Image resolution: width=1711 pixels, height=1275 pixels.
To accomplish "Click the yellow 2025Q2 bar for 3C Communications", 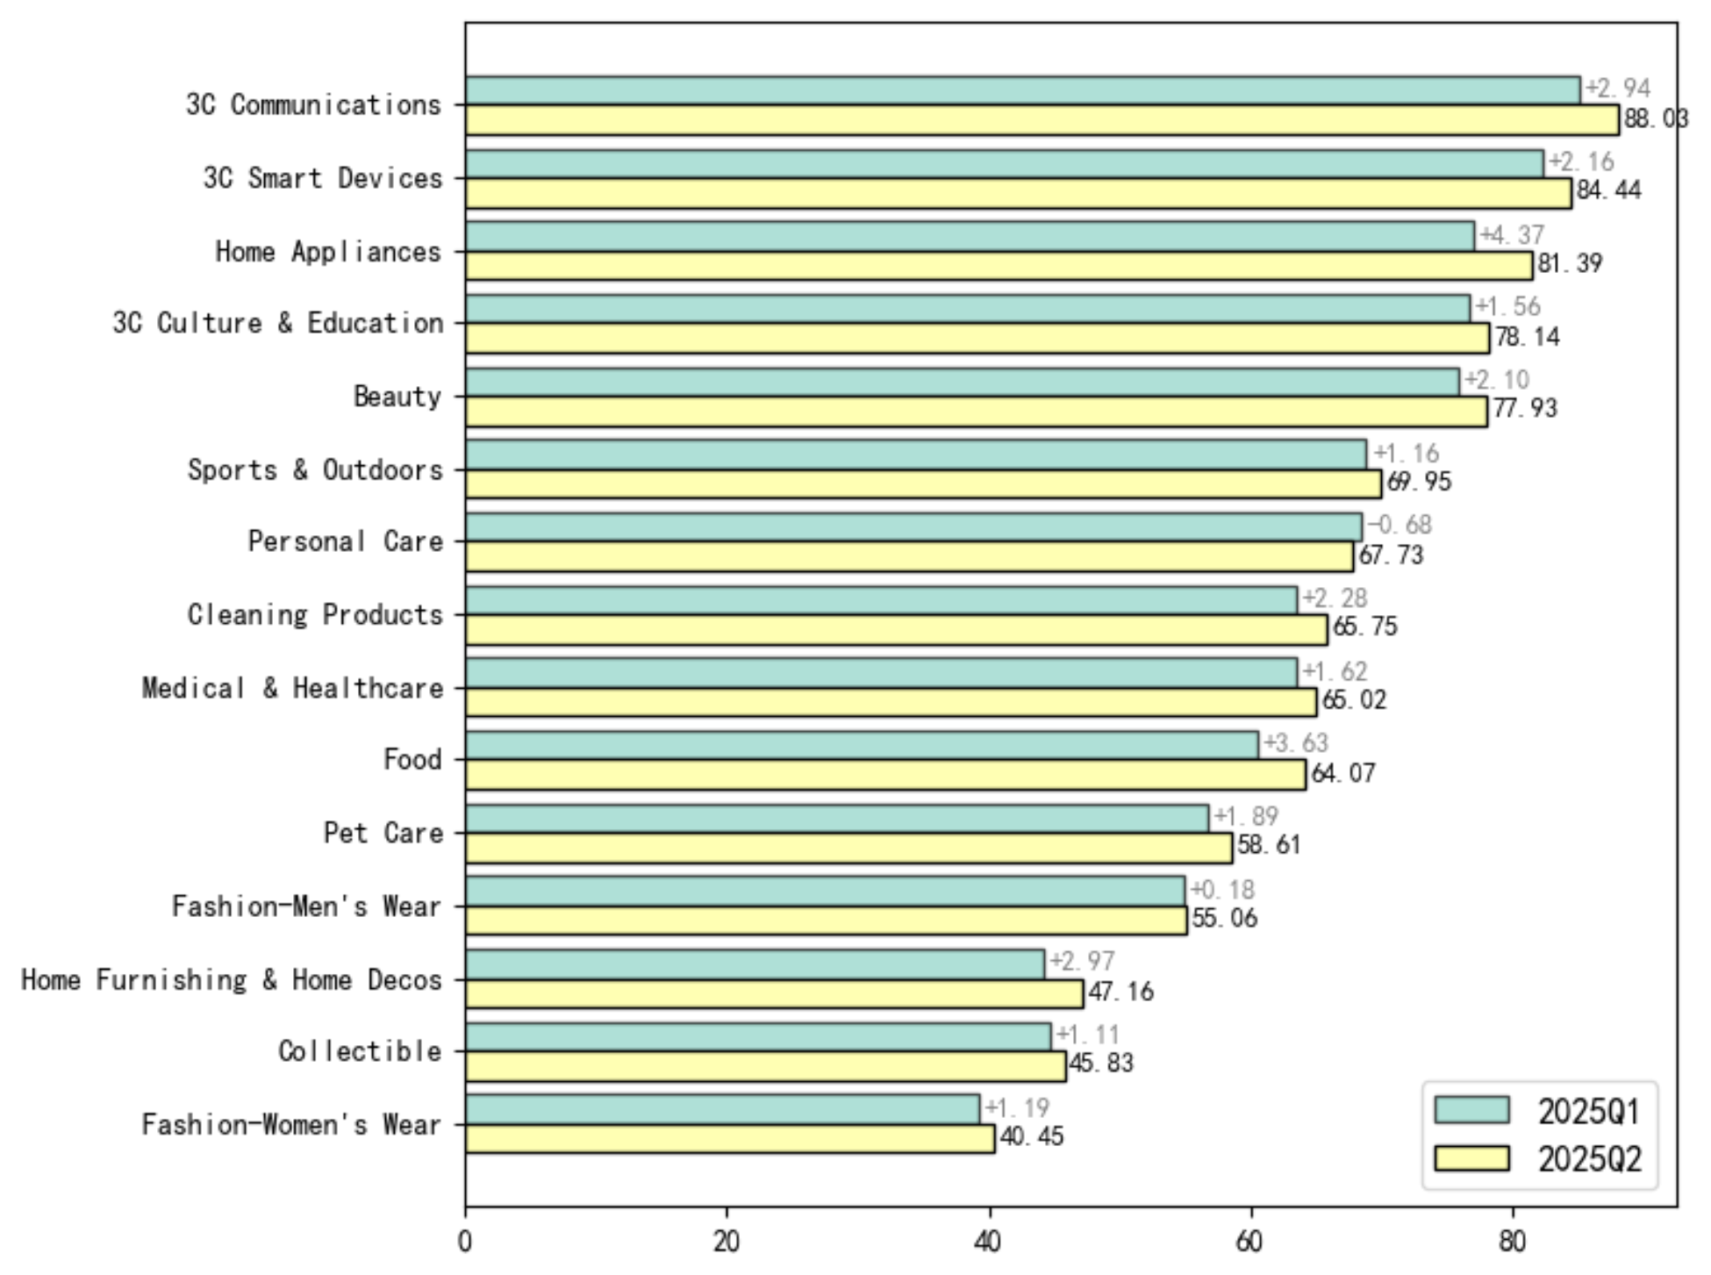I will [x=1042, y=120].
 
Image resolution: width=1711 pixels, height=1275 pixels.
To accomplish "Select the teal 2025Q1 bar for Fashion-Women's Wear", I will [x=722, y=1109].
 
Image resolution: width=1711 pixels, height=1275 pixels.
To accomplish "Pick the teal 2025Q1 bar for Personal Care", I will [x=913, y=527].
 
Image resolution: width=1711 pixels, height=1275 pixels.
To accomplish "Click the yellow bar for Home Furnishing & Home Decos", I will [x=774, y=993].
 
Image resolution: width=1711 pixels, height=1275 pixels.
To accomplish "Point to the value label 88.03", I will [x=1655, y=118].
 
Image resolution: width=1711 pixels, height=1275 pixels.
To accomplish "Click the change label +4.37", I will [x=1511, y=235].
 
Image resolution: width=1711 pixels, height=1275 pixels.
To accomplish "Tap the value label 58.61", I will [x=1269, y=845].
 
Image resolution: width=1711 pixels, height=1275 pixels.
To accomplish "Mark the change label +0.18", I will [x=1221, y=890].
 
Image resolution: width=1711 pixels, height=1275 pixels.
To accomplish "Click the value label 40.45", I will [x=1031, y=1137].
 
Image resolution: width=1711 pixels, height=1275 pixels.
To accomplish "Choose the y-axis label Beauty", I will [x=397, y=397].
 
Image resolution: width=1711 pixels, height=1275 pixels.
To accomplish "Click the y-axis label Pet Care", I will [x=383, y=833].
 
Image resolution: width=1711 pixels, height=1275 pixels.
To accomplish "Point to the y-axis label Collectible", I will [x=360, y=1050].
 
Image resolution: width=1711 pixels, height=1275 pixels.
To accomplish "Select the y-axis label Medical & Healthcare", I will [x=292, y=688].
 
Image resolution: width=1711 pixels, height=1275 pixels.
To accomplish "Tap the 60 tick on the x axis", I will [x=1250, y=1242].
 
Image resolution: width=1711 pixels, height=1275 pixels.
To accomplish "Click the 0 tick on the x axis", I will [x=465, y=1242].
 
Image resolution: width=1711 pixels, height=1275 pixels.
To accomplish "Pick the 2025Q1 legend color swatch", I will [x=1471, y=1110].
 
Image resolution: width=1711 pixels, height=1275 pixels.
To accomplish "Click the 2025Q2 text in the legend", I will [x=1589, y=1159].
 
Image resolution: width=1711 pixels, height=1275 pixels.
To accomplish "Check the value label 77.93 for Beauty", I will [x=1524, y=408].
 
